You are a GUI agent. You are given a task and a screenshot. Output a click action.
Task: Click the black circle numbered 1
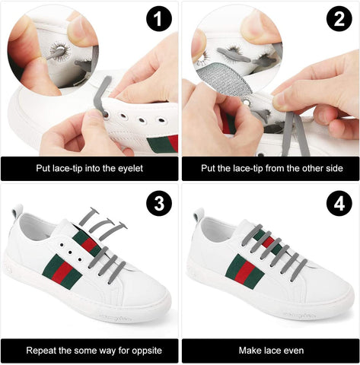(159, 19)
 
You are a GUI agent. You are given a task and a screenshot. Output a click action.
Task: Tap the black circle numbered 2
(339, 19)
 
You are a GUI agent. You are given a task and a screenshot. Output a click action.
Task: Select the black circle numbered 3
(159, 203)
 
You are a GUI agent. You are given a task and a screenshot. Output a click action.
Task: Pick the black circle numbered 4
(339, 203)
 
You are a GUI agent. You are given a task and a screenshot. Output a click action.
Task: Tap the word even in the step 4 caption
(294, 351)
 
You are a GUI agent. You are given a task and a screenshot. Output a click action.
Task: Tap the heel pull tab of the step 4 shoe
(199, 214)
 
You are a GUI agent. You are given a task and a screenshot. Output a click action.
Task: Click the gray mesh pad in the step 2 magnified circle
(224, 78)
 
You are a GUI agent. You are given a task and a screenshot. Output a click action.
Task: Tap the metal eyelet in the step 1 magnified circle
(60, 49)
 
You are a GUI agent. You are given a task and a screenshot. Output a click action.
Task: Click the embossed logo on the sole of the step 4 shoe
(299, 316)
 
